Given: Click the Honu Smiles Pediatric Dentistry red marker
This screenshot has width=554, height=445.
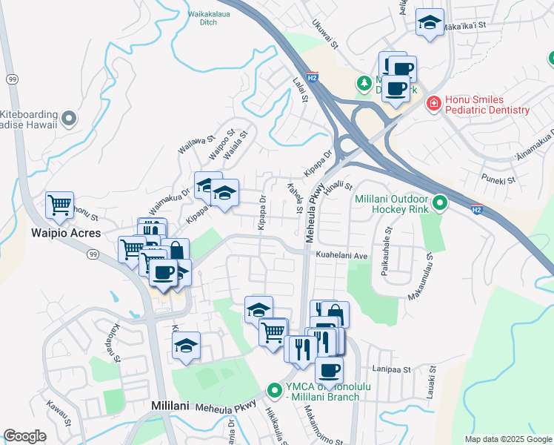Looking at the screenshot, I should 433,105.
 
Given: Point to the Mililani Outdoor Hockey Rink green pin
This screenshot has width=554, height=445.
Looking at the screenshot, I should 440,202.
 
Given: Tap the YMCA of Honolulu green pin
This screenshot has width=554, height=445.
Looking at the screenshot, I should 274,389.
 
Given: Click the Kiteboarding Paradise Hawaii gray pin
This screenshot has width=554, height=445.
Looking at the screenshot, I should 69,118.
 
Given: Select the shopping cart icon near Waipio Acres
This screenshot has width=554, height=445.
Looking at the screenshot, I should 59,205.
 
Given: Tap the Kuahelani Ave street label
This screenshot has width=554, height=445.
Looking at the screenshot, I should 342,255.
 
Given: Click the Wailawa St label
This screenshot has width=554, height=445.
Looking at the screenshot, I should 196,144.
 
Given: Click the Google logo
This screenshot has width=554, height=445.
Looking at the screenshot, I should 24,436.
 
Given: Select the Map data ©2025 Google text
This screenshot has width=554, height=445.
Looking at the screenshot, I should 507,439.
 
